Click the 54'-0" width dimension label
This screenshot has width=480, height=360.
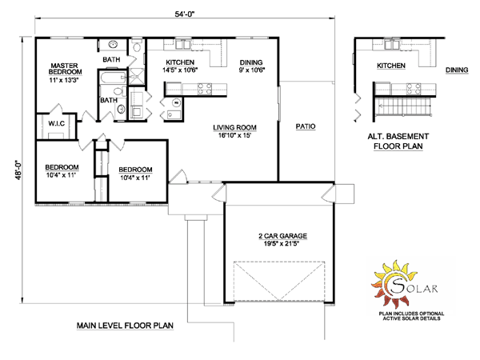click(x=185, y=14)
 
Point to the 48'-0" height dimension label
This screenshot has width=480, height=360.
click(x=18, y=170)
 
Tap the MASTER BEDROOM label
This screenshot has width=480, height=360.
click(x=65, y=69)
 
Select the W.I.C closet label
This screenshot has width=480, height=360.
click(x=57, y=123)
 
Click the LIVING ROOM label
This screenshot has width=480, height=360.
click(x=234, y=127)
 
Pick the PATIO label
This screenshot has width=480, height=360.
click(x=306, y=126)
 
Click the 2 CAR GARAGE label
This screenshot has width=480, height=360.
click(x=282, y=236)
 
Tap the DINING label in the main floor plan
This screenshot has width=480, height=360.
click(x=251, y=62)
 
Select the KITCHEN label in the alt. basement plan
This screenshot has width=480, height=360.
click(x=391, y=66)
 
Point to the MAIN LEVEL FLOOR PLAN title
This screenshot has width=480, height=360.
click(x=125, y=326)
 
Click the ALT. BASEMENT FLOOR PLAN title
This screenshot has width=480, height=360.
click(x=398, y=141)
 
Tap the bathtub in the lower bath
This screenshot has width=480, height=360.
click(x=113, y=77)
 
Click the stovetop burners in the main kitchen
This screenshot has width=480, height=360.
click(x=205, y=89)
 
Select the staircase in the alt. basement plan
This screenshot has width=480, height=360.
click(x=403, y=106)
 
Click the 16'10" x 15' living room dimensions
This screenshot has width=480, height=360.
click(x=234, y=135)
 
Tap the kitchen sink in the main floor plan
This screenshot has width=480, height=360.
click(x=183, y=44)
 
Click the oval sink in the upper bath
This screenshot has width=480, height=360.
click(x=114, y=44)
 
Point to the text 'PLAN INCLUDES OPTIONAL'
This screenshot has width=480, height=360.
click(x=411, y=314)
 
